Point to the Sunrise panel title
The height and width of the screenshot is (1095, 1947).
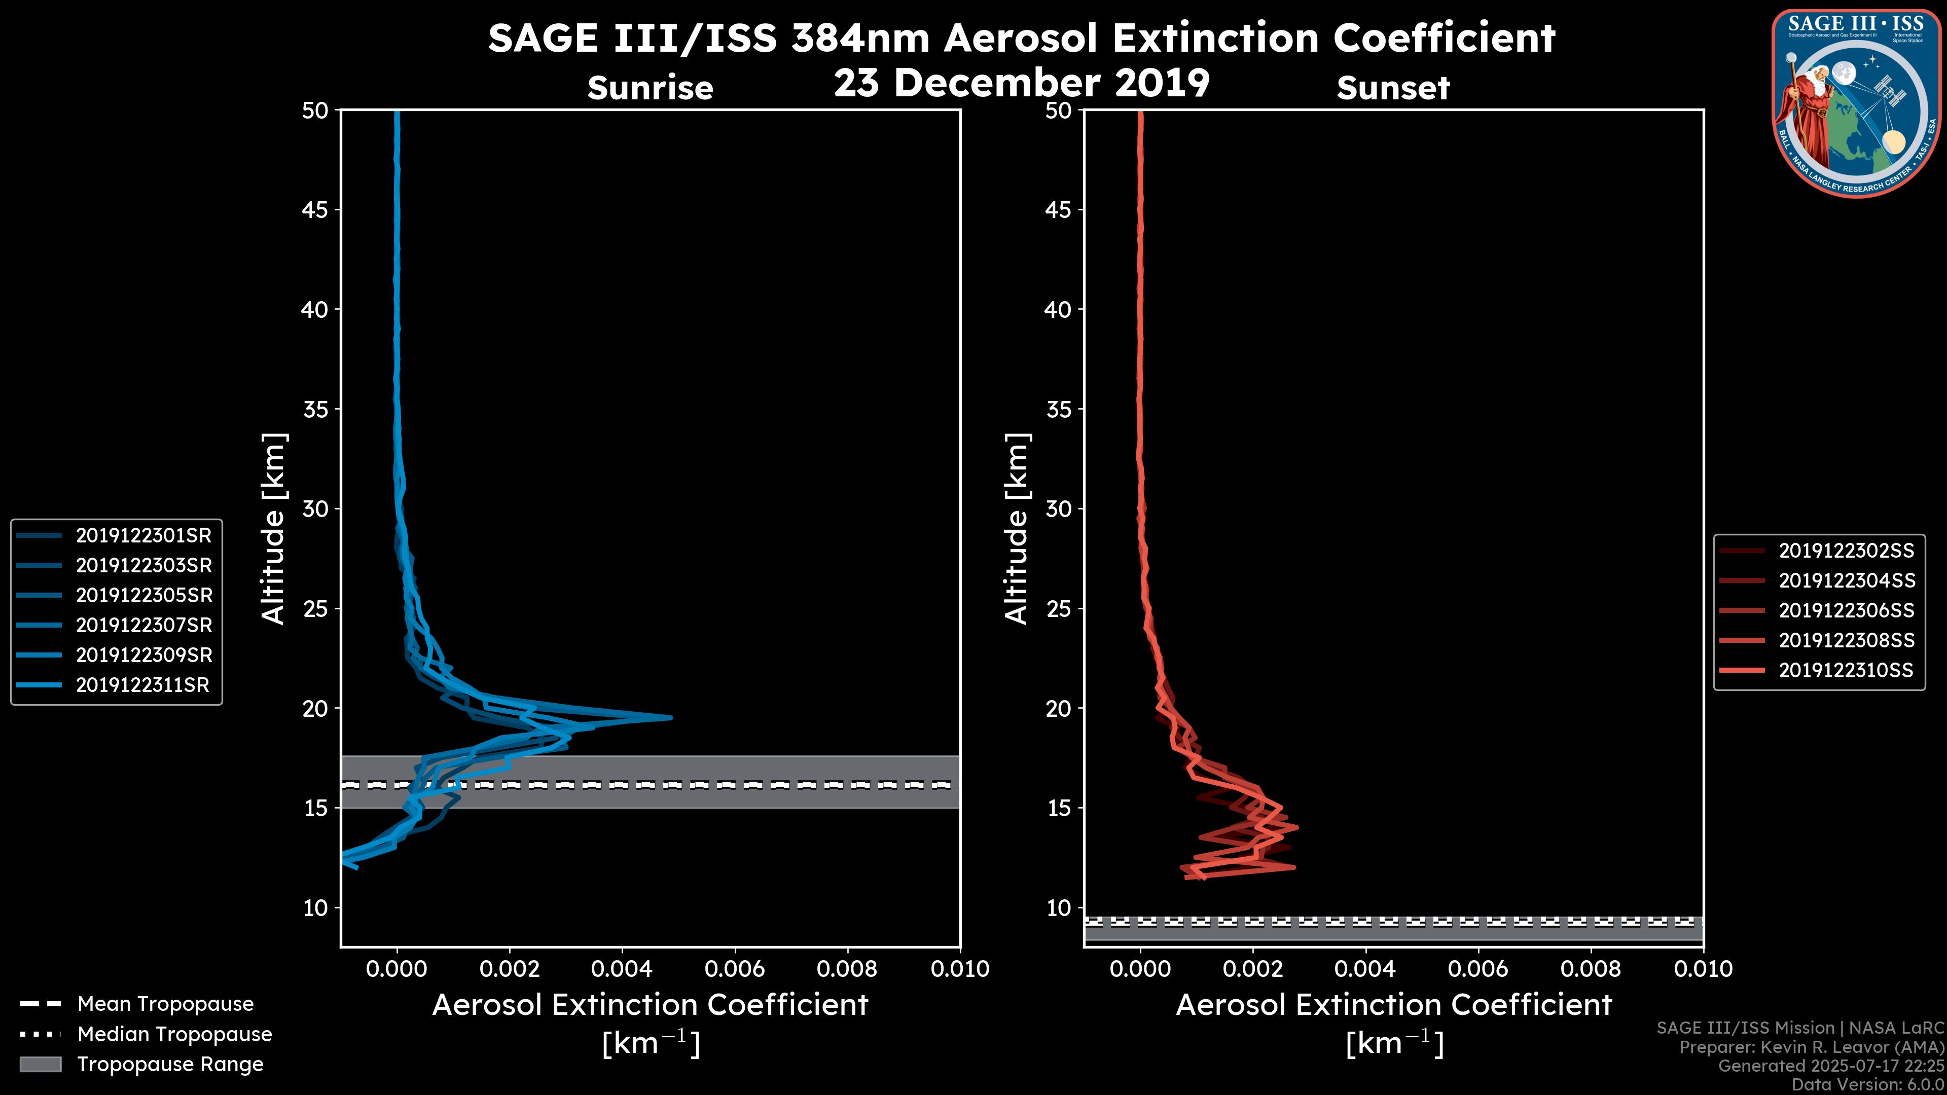pos(650,88)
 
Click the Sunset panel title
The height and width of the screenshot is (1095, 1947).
pos(1392,88)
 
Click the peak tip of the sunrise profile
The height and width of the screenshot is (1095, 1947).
pos(670,718)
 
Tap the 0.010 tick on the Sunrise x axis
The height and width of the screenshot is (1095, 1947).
pos(959,969)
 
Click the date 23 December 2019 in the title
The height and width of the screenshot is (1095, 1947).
pos(1022,83)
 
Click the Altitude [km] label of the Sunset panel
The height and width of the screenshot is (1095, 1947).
pos(1017,529)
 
